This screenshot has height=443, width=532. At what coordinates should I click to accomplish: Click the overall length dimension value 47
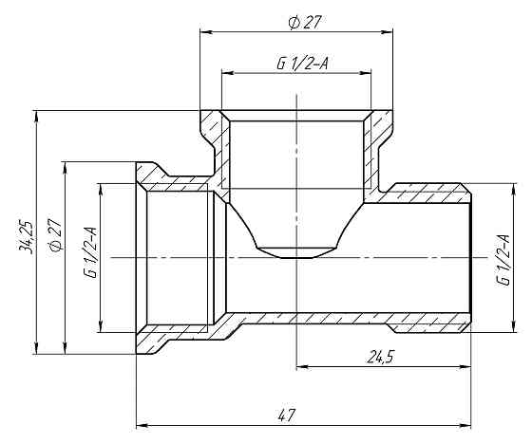pyautogui.click(x=286, y=414)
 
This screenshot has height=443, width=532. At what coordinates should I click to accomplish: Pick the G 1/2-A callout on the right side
pyautogui.click(x=502, y=257)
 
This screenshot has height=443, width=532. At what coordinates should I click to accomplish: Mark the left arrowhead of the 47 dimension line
pyautogui.click(x=142, y=424)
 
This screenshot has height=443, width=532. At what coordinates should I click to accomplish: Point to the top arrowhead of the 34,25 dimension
pyautogui.click(x=35, y=116)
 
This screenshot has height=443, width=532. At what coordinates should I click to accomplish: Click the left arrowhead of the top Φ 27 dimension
pyautogui.click(x=204, y=31)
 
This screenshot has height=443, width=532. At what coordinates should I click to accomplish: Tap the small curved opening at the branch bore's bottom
pyautogui.click(x=296, y=251)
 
